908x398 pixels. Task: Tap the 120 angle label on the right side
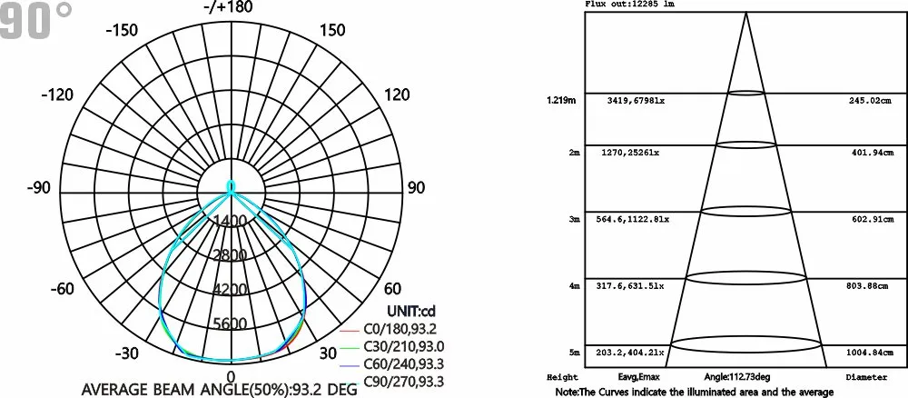click(x=397, y=95)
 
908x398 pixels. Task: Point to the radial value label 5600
click(x=231, y=324)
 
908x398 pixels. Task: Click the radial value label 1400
click(x=231, y=221)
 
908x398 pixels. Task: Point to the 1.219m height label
click(x=560, y=100)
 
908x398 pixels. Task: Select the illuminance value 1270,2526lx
click(x=633, y=154)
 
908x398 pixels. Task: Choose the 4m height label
click(x=574, y=286)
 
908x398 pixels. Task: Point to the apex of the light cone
click(x=746, y=14)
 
